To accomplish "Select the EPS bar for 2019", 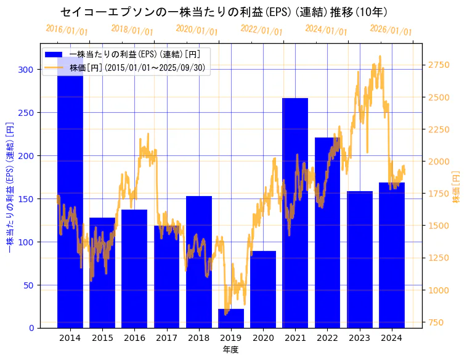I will pos(231,319).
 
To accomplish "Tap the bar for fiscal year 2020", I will pos(263,289).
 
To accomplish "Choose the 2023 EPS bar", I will pos(360,260).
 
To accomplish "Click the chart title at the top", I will pos(224,12).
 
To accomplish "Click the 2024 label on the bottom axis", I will pos(392,338).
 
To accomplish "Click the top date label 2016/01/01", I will pos(67,30).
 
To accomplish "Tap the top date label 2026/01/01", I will pos(391,30).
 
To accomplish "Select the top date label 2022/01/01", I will pos(261,30).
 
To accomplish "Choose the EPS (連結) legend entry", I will pos(139,54).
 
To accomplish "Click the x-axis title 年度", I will pos(230,350).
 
